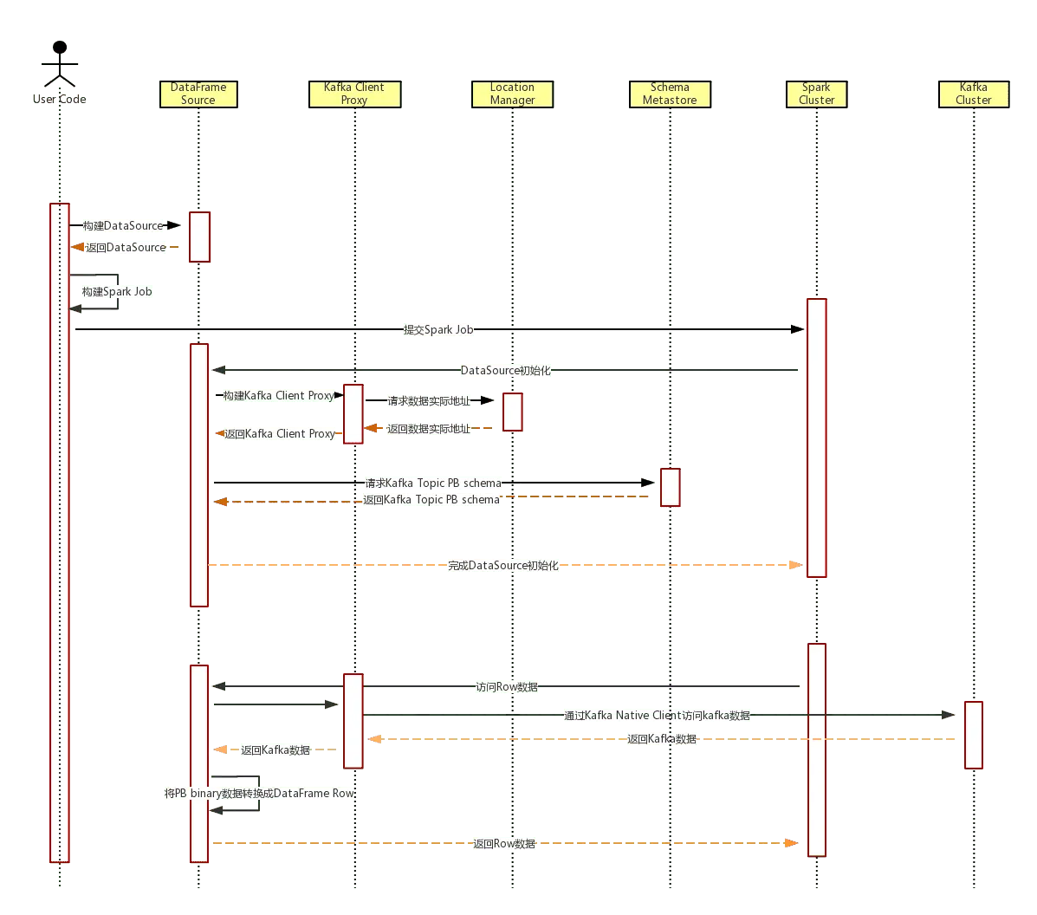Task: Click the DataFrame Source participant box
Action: [198, 94]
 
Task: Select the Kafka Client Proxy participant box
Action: [354, 94]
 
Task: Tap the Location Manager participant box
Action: [512, 94]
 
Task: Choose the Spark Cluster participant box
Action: [816, 94]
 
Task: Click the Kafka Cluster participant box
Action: [973, 94]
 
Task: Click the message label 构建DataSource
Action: [123, 226]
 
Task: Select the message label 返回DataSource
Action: [126, 248]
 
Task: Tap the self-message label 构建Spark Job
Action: [116, 292]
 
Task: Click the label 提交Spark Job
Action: [439, 330]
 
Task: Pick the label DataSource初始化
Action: [505, 371]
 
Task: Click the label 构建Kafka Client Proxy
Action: [278, 396]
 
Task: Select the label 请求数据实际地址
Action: [429, 402]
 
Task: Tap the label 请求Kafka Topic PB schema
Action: [433, 483]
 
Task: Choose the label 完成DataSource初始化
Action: [503, 566]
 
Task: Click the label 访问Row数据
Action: [507, 687]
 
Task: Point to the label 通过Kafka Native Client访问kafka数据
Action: [658, 716]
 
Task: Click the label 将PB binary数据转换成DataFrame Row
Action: [258, 794]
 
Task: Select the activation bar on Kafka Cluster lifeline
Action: [973, 734]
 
